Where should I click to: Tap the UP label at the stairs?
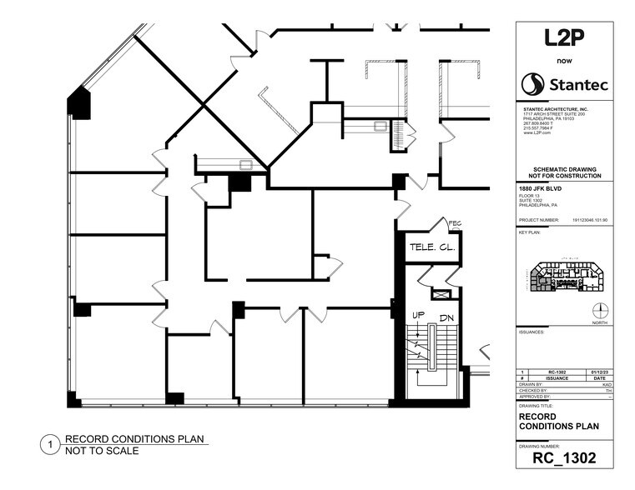coord(418,314)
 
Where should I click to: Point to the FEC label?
coord(455,223)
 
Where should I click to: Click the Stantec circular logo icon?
coord(533,83)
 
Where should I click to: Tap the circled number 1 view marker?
coord(50,445)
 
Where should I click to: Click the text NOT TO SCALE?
coord(102,451)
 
